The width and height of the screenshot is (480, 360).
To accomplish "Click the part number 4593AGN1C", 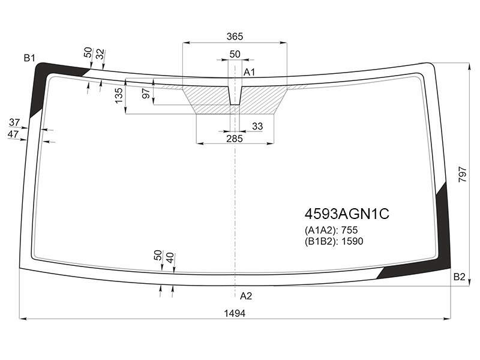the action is (347, 214).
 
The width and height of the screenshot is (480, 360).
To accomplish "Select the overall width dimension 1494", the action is (235, 313).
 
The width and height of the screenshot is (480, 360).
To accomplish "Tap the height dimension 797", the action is (463, 175).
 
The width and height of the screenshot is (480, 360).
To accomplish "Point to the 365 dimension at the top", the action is (235, 37).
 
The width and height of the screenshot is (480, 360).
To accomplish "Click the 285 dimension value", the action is (235, 139).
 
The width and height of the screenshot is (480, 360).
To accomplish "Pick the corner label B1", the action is (29, 58).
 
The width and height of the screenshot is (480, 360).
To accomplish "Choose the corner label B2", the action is (459, 277).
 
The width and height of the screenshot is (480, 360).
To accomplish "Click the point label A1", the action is (249, 73).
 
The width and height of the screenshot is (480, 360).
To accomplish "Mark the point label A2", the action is (246, 296).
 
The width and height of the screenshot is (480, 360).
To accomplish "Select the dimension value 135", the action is (119, 95).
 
